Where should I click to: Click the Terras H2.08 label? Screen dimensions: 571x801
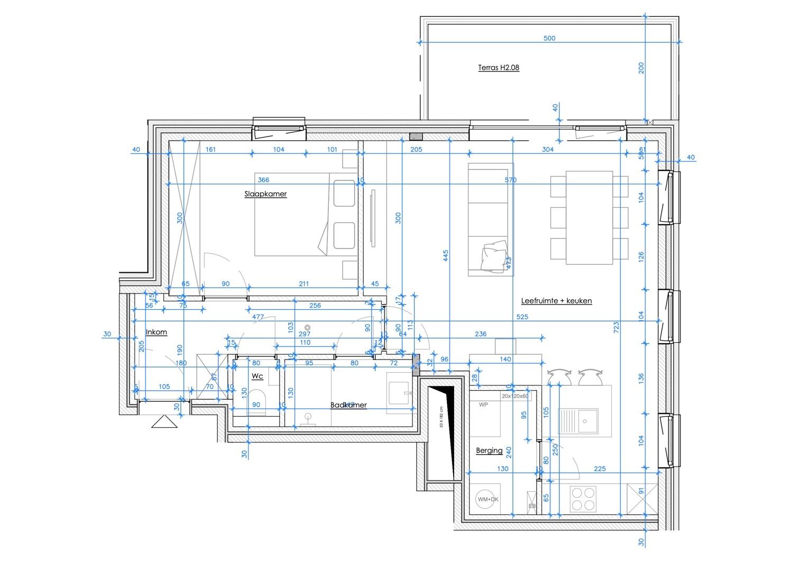tap(498, 68)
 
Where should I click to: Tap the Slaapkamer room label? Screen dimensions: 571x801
tap(265, 194)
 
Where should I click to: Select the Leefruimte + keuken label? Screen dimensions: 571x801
tap(556, 301)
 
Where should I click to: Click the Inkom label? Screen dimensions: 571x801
tap(156, 332)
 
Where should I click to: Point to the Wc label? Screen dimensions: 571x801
tap(257, 376)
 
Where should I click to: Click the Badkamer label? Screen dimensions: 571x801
tap(348, 405)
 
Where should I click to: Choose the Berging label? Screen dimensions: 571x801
tap(489, 450)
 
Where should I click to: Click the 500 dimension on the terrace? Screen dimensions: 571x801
tap(549, 39)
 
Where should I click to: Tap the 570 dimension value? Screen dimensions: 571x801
tap(510, 180)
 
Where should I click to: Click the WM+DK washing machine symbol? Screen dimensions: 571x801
tap(487, 499)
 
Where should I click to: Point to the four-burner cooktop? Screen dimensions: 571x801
tap(583, 499)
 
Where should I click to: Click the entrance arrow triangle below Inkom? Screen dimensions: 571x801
tap(164, 422)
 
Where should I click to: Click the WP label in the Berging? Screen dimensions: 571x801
tap(483, 405)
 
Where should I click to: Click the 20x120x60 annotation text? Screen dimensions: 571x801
tap(515, 396)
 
